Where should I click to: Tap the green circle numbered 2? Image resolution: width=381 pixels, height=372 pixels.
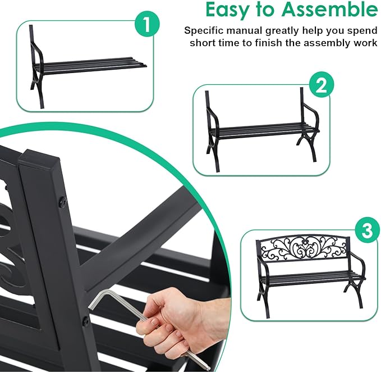pos(320,85)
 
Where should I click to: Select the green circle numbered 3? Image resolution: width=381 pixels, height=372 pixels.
pos(367,230)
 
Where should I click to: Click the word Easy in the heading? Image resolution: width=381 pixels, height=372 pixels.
pos(231,10)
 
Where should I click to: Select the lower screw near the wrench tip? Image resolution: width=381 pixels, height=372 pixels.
pos(86,321)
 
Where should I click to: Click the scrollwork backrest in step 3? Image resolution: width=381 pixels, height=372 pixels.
pos(305,248)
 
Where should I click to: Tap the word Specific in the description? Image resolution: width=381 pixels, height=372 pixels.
pos(203,30)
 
